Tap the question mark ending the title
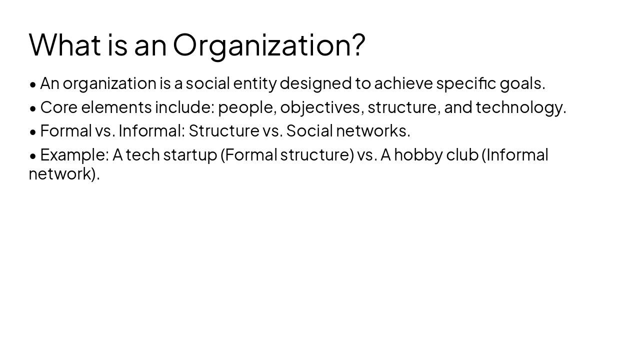pos(358,44)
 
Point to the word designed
pos(315,83)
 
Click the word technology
pos(520,107)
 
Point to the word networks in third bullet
pos(372,131)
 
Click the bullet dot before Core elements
pos(33,108)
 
